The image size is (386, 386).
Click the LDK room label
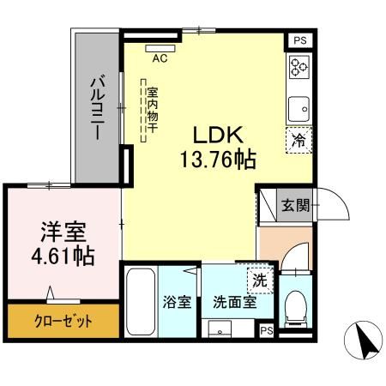(218, 136)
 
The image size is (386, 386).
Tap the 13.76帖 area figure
(218, 159)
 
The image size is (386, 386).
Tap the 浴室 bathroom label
(178, 302)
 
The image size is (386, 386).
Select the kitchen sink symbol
(299, 108)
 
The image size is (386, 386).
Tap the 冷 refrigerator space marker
(299, 137)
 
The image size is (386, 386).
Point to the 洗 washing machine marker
(259, 278)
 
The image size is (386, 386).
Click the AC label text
(160, 59)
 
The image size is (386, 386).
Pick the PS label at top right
(299, 39)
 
